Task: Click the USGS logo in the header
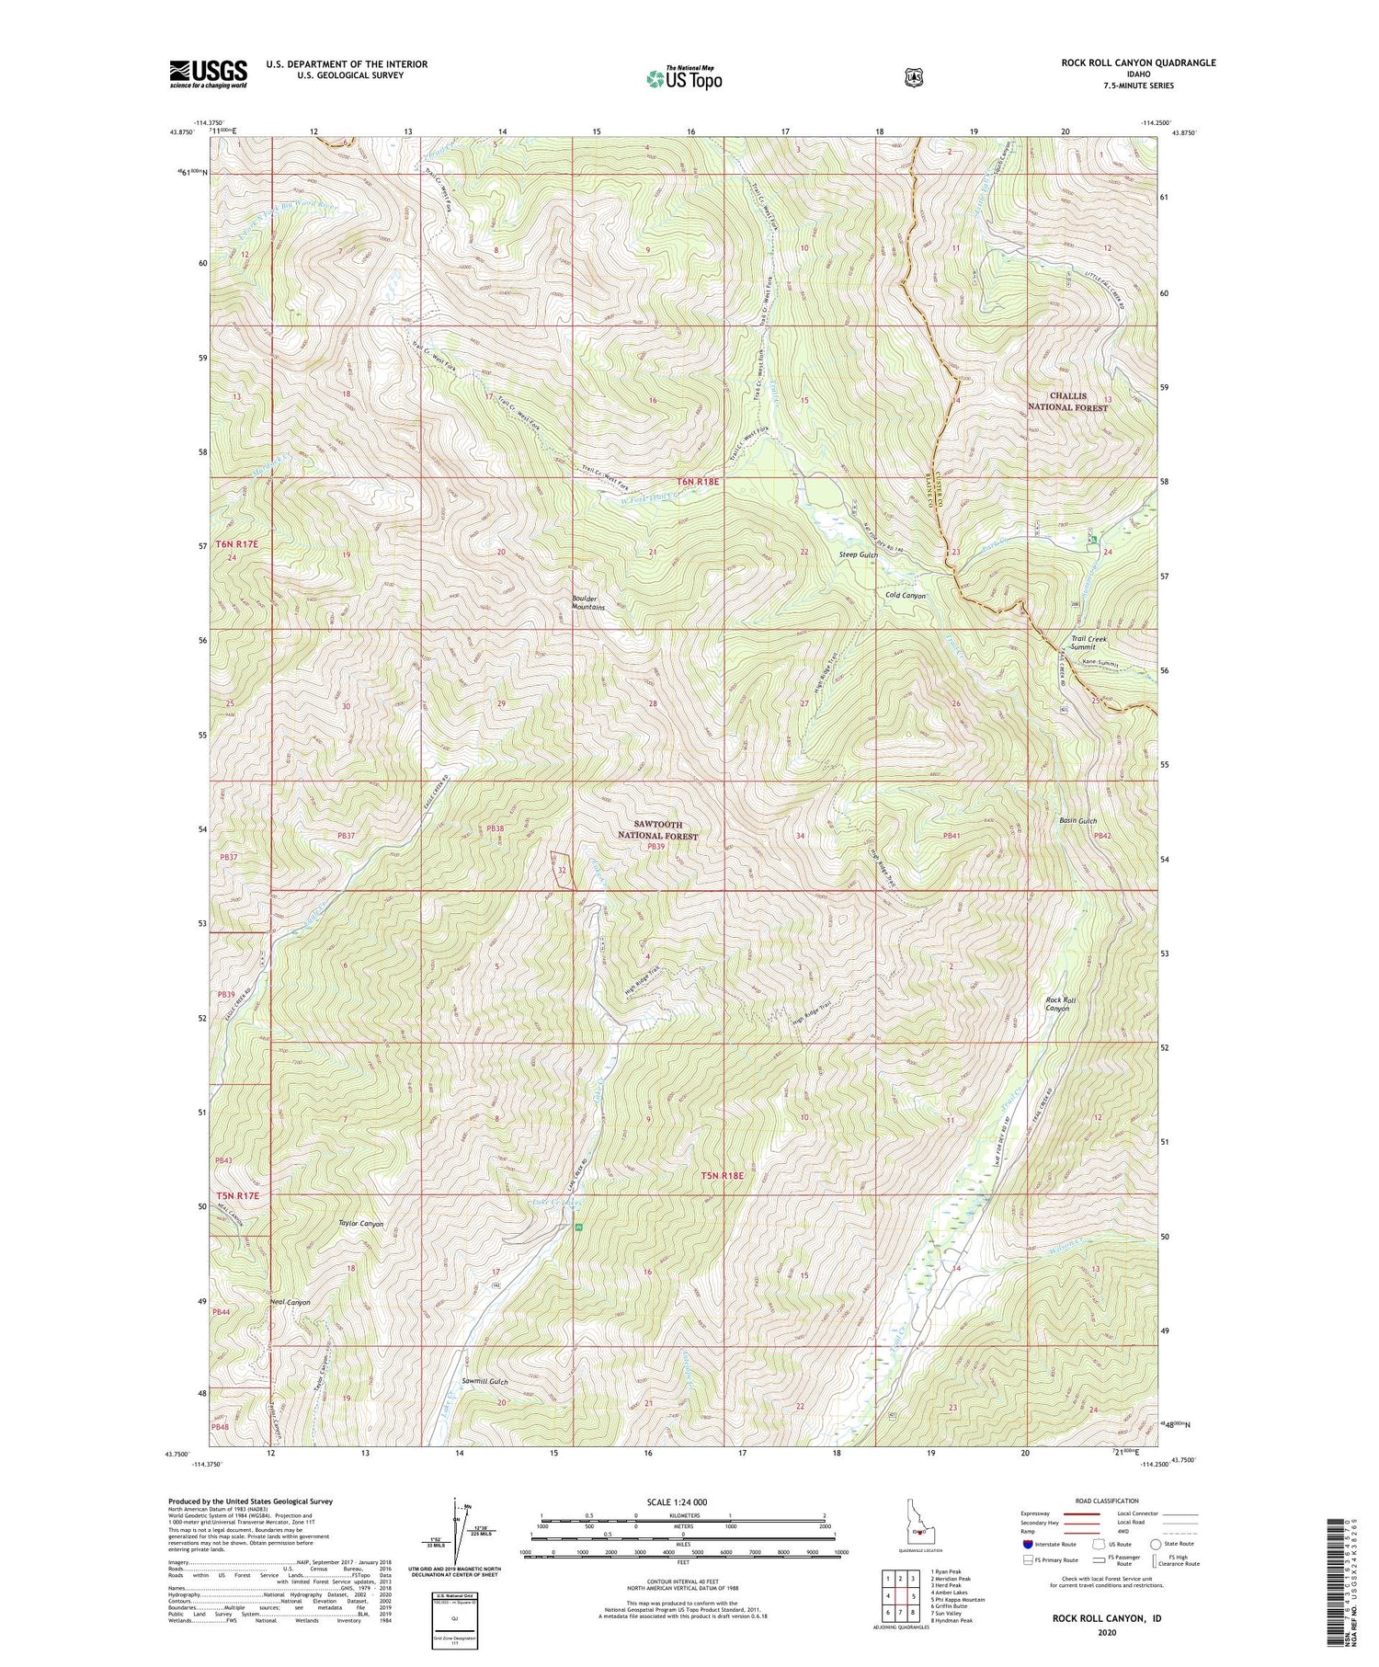[x=209, y=73]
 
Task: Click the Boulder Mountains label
[x=588, y=603]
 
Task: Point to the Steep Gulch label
[x=859, y=555]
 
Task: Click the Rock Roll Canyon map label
[x=1057, y=1004]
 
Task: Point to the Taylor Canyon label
[x=360, y=1224]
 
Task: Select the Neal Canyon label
[x=290, y=1302]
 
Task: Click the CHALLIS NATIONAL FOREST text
[x=1067, y=401]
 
